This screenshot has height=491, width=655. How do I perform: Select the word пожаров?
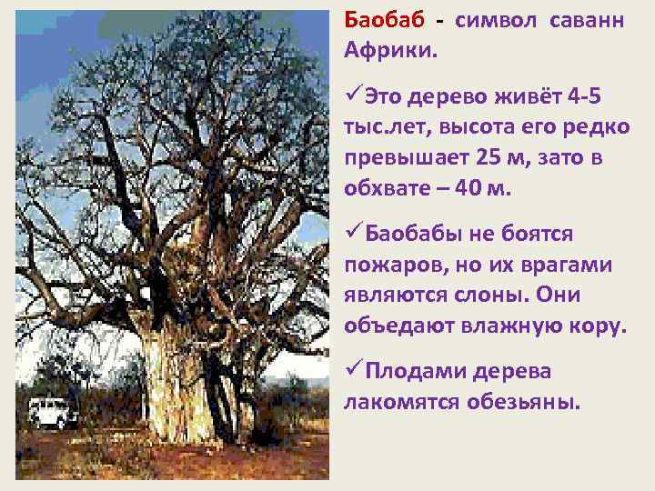pyautogui.click(x=390, y=265)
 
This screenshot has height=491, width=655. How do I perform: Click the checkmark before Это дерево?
pyautogui.click(x=354, y=97)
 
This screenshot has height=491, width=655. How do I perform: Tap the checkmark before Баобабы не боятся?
pyautogui.click(x=354, y=235)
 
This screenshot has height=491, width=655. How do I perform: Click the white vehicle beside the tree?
pyautogui.click(x=54, y=412)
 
